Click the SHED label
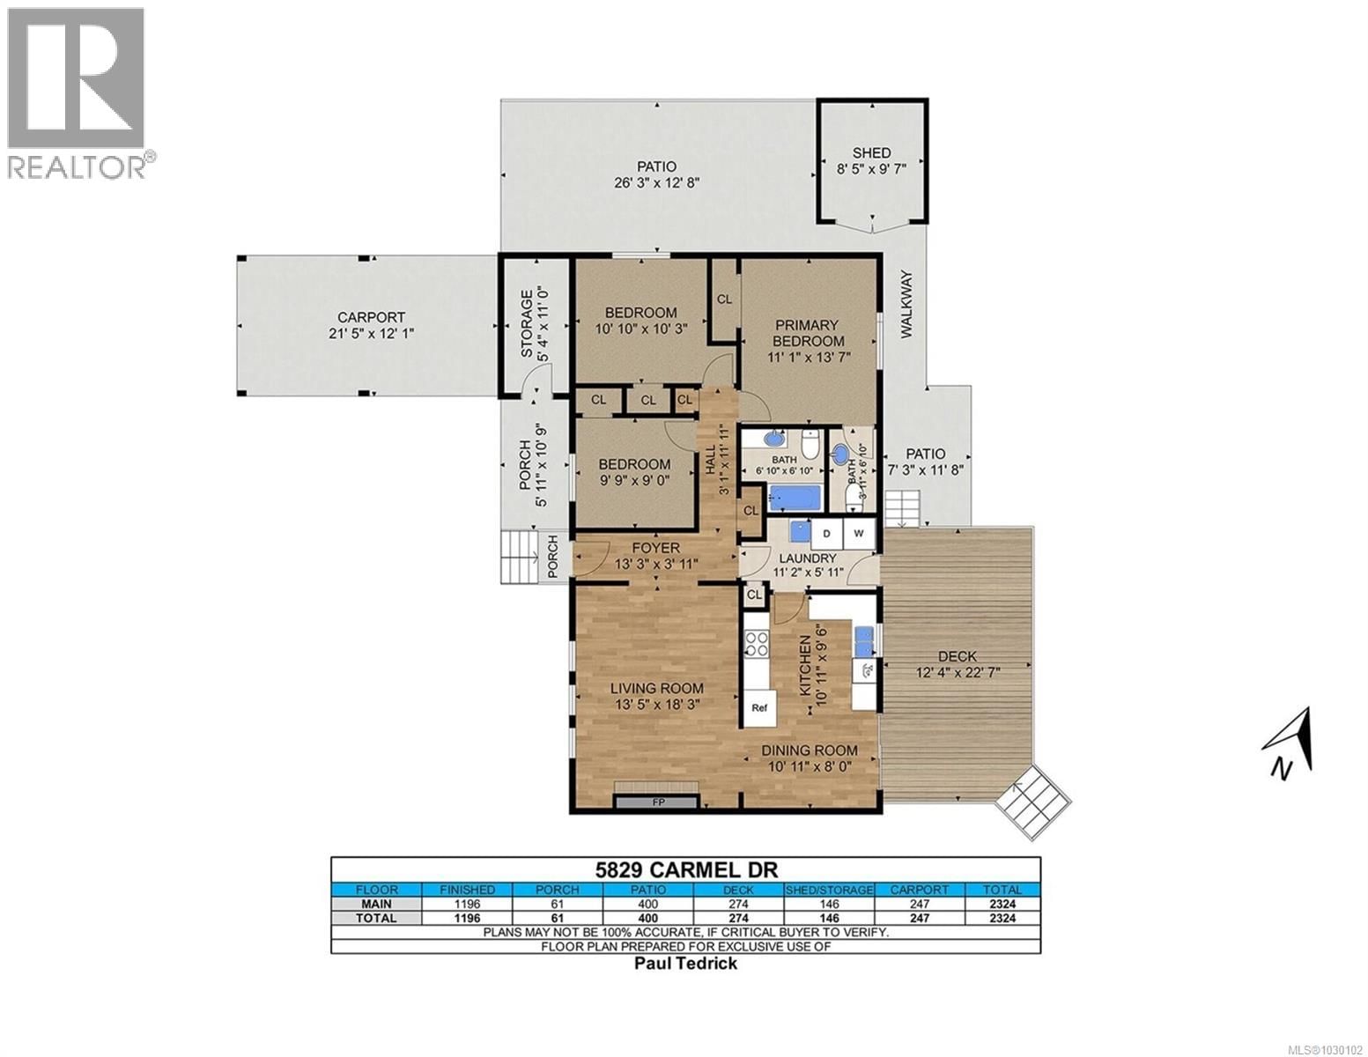(870, 152)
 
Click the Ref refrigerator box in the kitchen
(758, 707)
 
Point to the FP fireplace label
(657, 802)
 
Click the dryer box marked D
(827, 533)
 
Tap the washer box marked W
(859, 533)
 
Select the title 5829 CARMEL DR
(685, 869)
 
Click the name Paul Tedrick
(685, 963)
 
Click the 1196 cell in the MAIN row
(467, 903)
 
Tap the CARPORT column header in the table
(919, 890)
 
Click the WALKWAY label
(906, 305)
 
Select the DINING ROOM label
(812, 750)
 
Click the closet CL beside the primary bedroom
(724, 299)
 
